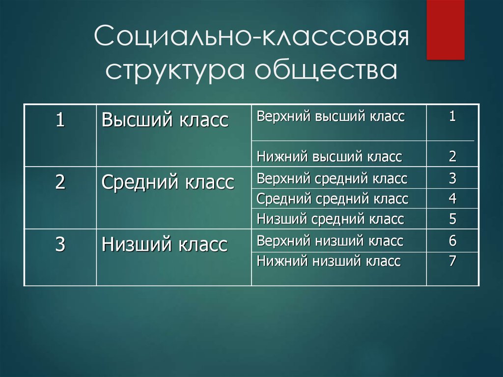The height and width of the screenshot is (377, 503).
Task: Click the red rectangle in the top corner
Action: point(445,29)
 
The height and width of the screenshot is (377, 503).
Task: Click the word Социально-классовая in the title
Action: point(252,36)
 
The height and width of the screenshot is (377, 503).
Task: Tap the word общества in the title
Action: point(326,70)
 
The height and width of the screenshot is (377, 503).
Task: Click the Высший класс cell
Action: point(165,120)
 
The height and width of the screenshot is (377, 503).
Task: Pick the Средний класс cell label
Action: point(168,182)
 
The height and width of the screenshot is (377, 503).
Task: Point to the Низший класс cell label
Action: point(164,244)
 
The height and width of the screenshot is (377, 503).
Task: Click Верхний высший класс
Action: point(331,116)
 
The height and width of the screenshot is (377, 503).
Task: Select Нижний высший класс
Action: point(329,157)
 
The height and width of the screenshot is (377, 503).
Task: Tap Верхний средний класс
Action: point(332,178)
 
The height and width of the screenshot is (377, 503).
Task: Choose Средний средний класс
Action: point(333,199)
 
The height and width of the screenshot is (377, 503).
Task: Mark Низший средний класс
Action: point(330,219)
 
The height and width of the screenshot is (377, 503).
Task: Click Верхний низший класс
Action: point(330,241)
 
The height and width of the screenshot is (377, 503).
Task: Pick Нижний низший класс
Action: point(329,261)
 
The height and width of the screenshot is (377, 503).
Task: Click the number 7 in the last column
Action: point(452,261)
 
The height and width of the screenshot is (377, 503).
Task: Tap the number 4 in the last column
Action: point(452,199)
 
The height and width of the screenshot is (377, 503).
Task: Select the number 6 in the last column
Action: point(452,240)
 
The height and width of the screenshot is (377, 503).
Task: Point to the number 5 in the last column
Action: point(452,219)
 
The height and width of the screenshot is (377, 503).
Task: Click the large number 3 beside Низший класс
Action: point(60,244)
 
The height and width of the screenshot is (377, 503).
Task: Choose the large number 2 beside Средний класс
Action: point(60,182)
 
